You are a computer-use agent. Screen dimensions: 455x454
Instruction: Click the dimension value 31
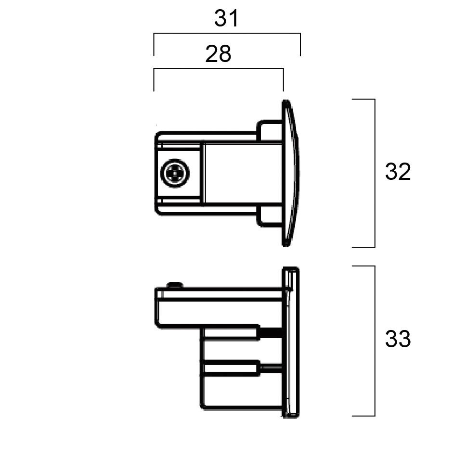(226, 19)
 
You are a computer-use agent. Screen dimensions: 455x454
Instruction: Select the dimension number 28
(218, 54)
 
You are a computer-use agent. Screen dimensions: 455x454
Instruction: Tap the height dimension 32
(398, 172)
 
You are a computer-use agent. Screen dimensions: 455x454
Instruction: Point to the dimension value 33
(398, 340)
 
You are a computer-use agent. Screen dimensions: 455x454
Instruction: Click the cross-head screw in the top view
(175, 172)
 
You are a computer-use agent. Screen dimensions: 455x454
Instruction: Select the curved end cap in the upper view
(290, 173)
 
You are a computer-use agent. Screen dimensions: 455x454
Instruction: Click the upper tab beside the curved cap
(270, 130)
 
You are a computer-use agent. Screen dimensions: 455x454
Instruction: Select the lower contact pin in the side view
(231, 368)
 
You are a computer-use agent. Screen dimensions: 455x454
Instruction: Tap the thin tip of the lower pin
(271, 368)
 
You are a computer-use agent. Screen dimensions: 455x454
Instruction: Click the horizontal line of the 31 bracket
(226, 34)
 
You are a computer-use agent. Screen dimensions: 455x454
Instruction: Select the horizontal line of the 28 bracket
(218, 69)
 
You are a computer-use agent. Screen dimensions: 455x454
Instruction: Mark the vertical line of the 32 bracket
(375, 173)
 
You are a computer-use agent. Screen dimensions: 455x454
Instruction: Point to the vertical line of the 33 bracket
(375, 341)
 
